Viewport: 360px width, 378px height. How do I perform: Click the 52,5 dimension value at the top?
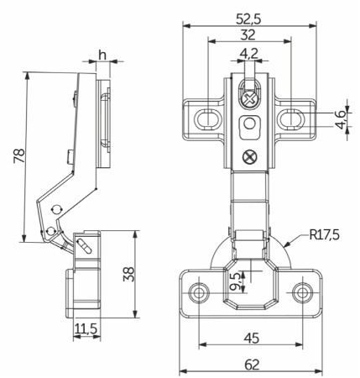click(248, 19)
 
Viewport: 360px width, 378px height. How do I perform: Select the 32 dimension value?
click(248, 35)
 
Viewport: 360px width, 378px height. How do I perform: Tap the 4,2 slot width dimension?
click(249, 53)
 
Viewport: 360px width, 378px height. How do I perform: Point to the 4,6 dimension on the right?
click(342, 119)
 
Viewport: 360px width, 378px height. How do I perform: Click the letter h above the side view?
click(102, 55)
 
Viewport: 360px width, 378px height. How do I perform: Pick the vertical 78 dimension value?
click(19, 155)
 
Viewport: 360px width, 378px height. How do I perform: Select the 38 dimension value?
click(128, 274)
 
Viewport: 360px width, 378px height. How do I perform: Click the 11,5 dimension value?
click(86, 328)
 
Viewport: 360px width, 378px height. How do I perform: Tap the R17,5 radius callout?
click(325, 234)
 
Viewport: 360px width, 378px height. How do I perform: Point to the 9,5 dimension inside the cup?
click(235, 281)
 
